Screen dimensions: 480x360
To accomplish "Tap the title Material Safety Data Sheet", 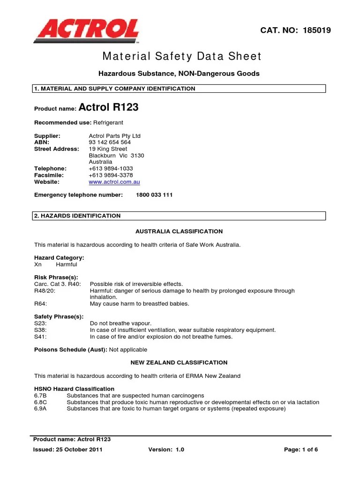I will click(182, 57).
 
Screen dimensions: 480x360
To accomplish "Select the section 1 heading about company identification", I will click(115, 89).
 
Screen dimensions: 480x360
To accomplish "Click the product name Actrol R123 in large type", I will click(109, 107).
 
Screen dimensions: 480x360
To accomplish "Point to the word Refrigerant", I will click(108, 122).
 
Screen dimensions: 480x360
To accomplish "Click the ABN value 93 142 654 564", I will click(110, 142).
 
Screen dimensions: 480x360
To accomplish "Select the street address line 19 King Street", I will click(108, 149).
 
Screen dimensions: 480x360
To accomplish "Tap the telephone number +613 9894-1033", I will click(110, 168).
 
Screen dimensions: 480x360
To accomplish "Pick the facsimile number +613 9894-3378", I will click(110, 175).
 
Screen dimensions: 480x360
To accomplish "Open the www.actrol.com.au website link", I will click(114, 182).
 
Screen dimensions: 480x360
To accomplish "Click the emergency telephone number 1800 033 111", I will click(154, 195).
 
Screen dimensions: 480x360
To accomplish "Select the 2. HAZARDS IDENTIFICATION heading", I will click(77, 216).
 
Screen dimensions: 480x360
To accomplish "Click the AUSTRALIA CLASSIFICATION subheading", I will click(179, 232).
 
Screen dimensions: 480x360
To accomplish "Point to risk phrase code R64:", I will click(41, 304).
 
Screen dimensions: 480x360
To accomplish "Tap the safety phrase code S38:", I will click(41, 330).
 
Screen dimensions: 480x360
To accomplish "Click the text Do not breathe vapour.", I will click(120, 323).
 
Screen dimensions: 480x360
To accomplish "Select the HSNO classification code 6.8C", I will click(41, 402).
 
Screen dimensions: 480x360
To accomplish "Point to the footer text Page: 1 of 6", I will click(301, 450).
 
